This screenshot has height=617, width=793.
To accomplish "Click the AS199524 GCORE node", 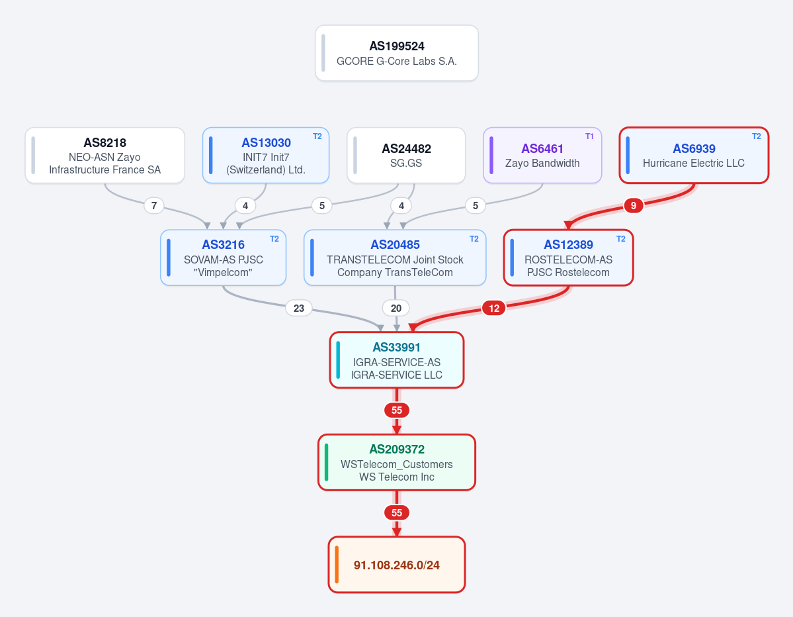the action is pos(397,53).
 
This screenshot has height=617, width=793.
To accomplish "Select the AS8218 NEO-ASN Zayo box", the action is pos(104,156).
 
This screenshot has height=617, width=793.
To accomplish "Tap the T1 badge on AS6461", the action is pos(589,136).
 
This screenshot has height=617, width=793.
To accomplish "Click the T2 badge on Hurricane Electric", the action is pos(756,136).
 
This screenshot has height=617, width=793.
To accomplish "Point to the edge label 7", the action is pos(153,205).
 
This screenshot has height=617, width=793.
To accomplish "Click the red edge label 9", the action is pos(633,205).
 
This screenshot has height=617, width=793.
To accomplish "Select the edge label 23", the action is pos(299,308).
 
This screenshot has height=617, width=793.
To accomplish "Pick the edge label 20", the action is pos(396,308).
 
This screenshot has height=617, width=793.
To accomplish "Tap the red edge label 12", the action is pos(493,308).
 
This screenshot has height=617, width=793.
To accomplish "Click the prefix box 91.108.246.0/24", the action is pos(397,564).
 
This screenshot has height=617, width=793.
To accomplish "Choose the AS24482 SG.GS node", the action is pos(406,156).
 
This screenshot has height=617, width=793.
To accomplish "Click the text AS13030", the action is pos(266,143).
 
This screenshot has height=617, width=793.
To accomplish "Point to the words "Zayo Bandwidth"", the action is pos(542,163).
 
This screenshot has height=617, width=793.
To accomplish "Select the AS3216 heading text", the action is pos(223,245).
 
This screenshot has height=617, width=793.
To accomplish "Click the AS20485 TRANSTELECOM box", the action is pos(395,258).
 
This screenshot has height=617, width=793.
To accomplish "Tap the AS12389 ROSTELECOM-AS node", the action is pos(568,258).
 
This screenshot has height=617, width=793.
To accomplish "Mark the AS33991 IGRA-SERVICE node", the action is pos(397,360).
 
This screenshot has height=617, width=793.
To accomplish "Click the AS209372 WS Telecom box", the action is pos(397,462).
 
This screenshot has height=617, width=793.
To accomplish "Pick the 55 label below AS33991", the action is pos(397,410).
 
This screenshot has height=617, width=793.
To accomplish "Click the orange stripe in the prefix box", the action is pos(337,564).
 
